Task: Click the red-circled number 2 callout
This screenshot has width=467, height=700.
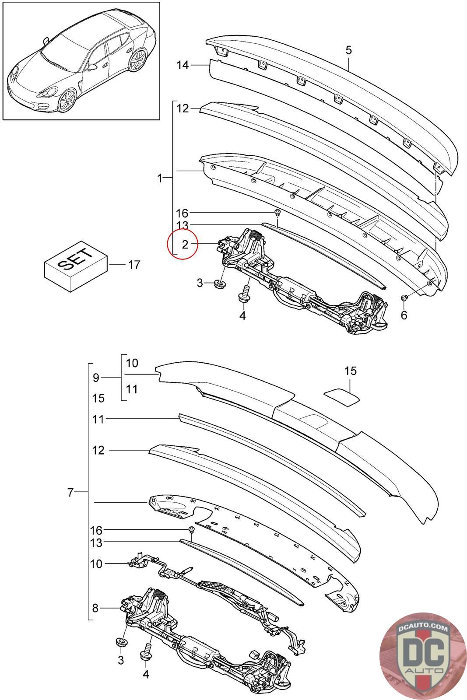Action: pyautogui.click(x=184, y=245)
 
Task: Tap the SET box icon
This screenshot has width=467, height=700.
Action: pyautogui.click(x=76, y=267)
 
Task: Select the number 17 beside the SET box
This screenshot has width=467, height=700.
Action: pyautogui.click(x=134, y=265)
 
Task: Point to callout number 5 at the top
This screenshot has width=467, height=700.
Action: pyautogui.click(x=348, y=50)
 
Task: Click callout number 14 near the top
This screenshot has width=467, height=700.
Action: pyautogui.click(x=183, y=65)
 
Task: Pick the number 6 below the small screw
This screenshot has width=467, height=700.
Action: pyautogui.click(x=404, y=315)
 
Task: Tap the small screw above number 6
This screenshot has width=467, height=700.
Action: pyautogui.click(x=404, y=298)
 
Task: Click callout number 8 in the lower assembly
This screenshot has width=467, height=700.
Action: pyautogui.click(x=95, y=608)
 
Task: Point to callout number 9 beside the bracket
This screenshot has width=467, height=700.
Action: pyautogui.click(x=96, y=377)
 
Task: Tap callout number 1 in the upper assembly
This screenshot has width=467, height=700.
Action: pyautogui.click(x=160, y=178)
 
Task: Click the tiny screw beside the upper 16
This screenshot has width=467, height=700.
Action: pyautogui.click(x=277, y=213)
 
